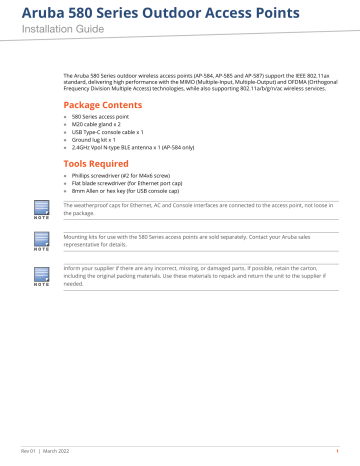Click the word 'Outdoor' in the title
click(187, 12)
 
